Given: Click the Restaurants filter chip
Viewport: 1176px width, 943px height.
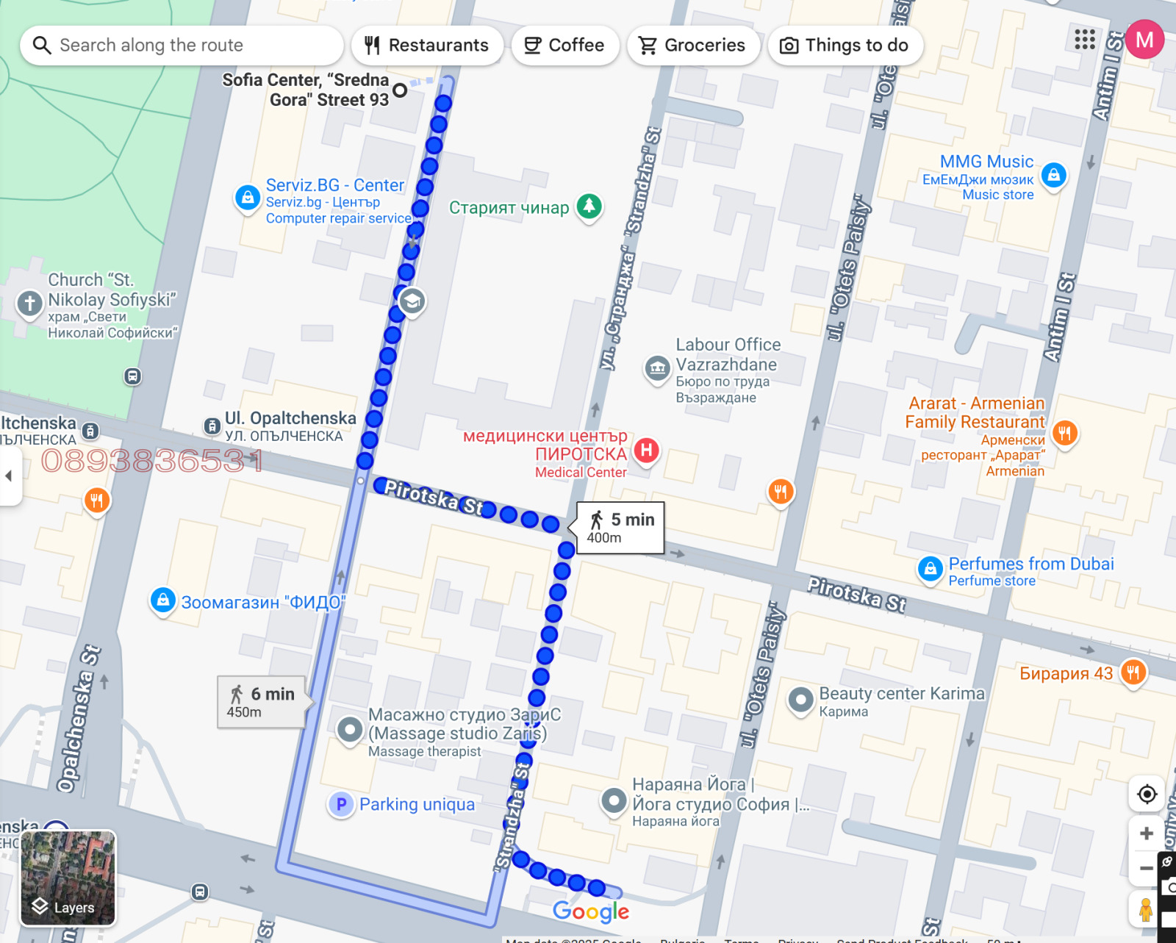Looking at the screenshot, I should click(427, 46).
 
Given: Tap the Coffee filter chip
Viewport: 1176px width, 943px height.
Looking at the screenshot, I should click(564, 46).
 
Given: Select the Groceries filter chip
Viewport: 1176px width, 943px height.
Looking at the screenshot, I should click(692, 46).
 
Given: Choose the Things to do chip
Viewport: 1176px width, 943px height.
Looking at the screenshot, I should click(845, 46).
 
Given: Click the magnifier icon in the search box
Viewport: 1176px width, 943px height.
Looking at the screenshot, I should click(42, 46).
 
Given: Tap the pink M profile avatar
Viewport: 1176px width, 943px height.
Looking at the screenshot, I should click(1144, 40).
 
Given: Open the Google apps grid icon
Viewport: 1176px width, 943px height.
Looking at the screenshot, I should click(1084, 40).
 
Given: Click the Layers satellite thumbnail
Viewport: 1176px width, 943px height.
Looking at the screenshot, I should click(68, 878).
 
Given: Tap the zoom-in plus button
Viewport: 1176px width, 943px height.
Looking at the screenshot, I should click(1146, 833).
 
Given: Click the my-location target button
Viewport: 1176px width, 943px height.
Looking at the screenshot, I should click(1146, 794).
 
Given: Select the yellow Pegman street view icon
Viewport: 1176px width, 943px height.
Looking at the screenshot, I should click(1145, 908).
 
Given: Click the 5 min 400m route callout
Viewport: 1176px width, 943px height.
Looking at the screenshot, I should click(620, 528).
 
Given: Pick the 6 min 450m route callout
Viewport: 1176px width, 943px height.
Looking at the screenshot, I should click(262, 702).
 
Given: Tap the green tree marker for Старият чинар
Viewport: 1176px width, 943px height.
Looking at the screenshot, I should click(589, 207).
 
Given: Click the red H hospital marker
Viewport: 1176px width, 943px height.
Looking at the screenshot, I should click(646, 450).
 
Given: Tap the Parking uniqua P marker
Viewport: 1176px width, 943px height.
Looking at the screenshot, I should click(341, 805).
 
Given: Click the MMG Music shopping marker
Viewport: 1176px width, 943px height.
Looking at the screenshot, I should click(1053, 175).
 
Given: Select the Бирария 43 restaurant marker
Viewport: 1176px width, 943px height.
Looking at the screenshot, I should click(1133, 672).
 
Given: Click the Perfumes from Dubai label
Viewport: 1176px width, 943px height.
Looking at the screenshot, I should click(1030, 564).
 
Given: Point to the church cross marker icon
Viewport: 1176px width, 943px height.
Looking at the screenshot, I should click(29, 303).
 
